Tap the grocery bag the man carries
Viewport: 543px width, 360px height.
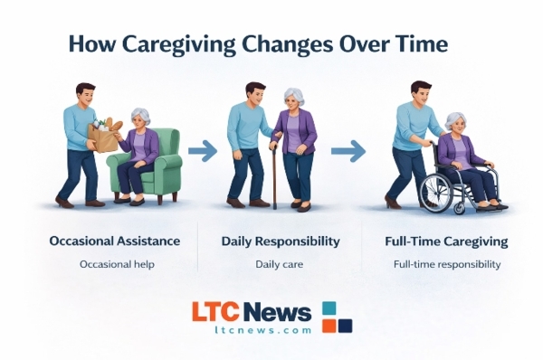tap(104, 135)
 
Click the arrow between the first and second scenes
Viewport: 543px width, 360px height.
tap(203, 151)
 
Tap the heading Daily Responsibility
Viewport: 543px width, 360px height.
tap(281, 242)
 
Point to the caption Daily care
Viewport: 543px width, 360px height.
tap(281, 264)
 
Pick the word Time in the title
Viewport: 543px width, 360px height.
tap(411, 45)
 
